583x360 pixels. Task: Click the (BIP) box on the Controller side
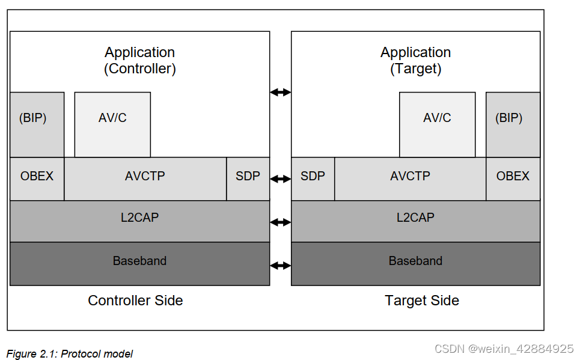tap(37, 124)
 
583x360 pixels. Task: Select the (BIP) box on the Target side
tap(513, 124)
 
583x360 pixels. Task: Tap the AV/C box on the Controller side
tap(112, 124)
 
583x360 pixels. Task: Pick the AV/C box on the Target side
tap(437, 124)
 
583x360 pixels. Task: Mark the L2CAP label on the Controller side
tap(139, 218)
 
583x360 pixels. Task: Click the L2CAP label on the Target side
tap(415, 218)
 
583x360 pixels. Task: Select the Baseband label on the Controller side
tap(139, 261)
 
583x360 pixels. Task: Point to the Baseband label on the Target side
tap(415, 261)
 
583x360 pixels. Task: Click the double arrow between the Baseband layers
tap(280, 266)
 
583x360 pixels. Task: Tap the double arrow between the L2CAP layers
tap(280, 222)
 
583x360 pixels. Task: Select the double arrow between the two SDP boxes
tap(280, 179)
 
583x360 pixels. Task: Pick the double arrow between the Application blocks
tap(280, 92)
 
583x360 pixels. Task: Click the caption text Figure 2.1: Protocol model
tap(70, 354)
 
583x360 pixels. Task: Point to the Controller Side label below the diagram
tap(135, 301)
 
